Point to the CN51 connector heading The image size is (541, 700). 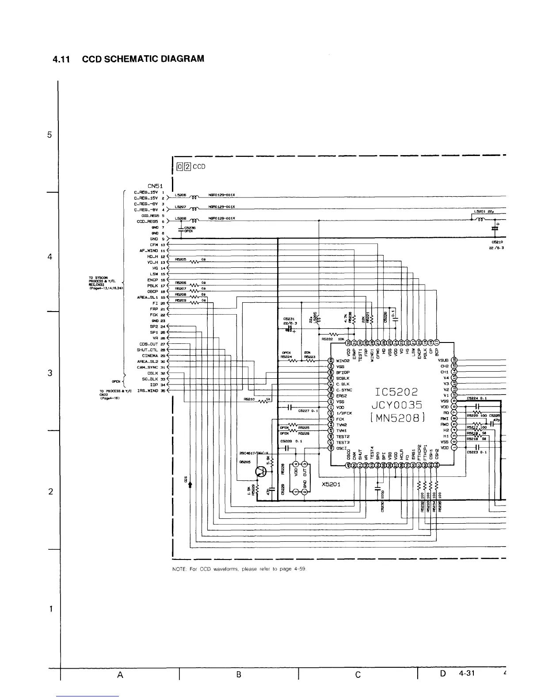point(155,186)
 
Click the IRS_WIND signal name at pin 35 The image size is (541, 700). point(148,391)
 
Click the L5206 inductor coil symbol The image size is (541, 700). point(194,196)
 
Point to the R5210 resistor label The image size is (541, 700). point(250,399)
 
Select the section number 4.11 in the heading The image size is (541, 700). point(62,59)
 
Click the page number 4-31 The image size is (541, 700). point(467,673)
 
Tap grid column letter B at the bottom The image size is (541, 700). point(238,675)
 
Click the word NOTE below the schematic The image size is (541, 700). point(178,569)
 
